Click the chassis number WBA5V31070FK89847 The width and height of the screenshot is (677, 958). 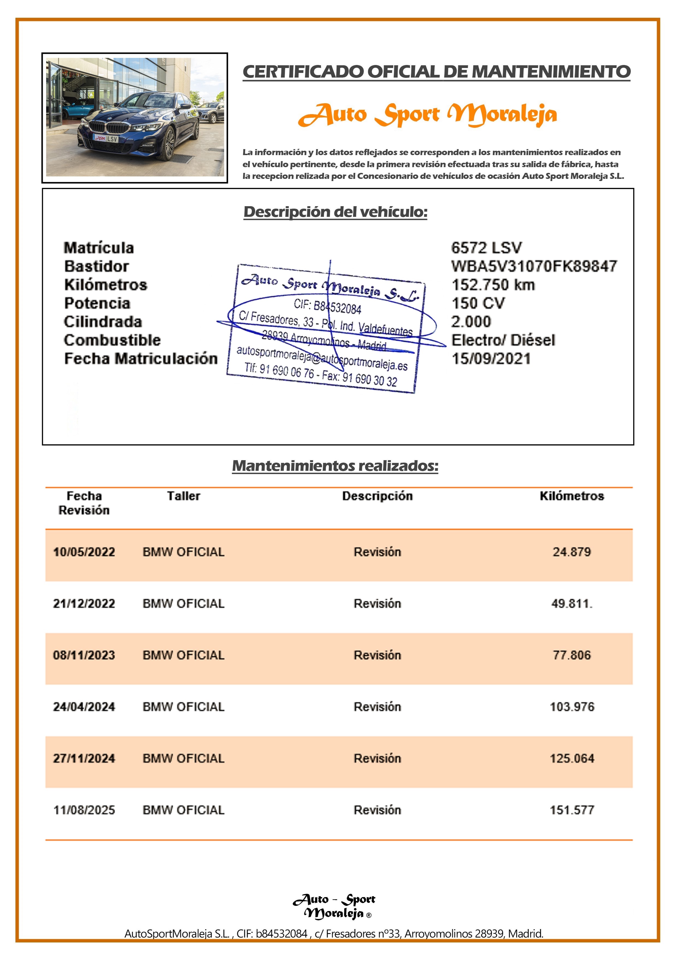[x=534, y=266]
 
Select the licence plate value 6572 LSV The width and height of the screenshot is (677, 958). [x=486, y=248]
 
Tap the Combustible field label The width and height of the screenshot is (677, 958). [x=112, y=340]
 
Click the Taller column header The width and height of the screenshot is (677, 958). [x=183, y=496]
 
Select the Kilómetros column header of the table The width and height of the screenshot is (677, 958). [x=571, y=496]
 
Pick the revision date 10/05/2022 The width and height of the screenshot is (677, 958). [x=84, y=552]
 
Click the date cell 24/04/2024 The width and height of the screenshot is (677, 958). [x=84, y=707]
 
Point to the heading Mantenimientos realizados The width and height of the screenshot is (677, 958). [x=335, y=466]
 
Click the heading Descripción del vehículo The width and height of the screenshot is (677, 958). [x=335, y=212]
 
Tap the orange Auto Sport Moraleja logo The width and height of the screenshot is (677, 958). [x=427, y=114]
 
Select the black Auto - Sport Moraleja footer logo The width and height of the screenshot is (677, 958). [x=334, y=906]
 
